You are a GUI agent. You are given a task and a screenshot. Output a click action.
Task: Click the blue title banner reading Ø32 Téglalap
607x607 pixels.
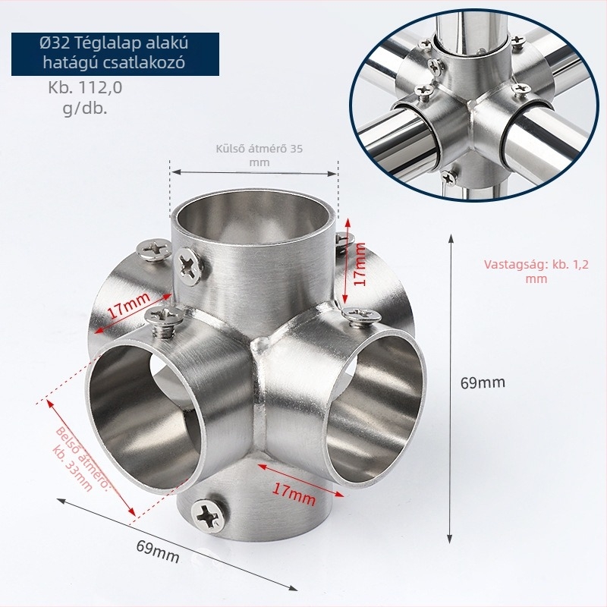tap(115, 54)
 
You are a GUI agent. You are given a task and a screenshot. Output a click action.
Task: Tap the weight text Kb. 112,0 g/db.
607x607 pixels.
tap(85, 98)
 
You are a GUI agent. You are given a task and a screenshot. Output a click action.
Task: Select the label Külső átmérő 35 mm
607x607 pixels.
tap(259, 156)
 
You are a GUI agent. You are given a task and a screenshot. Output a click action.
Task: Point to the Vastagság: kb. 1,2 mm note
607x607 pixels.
tap(536, 272)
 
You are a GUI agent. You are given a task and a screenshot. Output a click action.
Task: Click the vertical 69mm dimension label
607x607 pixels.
tap(483, 382)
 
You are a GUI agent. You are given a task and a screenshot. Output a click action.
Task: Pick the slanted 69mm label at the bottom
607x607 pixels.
tap(158, 551)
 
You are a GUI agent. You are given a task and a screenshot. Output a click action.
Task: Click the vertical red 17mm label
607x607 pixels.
tap(360, 264)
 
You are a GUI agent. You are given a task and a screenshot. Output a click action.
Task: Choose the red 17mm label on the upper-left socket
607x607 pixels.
tap(128, 305)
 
